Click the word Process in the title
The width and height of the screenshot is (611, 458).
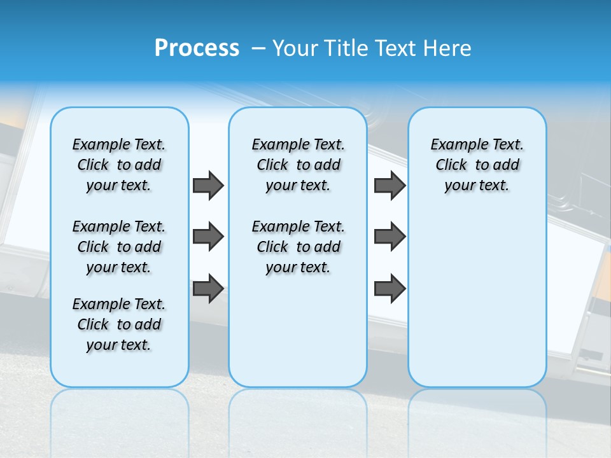[x=197, y=48]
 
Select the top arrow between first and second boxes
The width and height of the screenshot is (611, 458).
[x=208, y=185]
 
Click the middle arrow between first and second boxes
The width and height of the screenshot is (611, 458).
[x=208, y=237]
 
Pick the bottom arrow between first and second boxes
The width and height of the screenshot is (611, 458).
[x=208, y=288]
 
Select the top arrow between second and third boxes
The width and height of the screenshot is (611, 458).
[x=390, y=185]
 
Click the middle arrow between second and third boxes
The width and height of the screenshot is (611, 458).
[x=390, y=237]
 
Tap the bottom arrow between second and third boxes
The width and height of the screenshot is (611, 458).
[x=390, y=288]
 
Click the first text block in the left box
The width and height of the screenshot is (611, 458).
[x=119, y=165]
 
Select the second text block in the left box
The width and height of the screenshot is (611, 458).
[x=119, y=247]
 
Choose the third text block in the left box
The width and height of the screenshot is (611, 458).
[x=119, y=324]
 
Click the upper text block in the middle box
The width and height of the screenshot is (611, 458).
[x=298, y=165]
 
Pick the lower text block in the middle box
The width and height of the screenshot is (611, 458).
[x=298, y=247]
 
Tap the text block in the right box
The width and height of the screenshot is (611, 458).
[x=477, y=165]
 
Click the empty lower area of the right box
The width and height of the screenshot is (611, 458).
[x=477, y=299]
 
